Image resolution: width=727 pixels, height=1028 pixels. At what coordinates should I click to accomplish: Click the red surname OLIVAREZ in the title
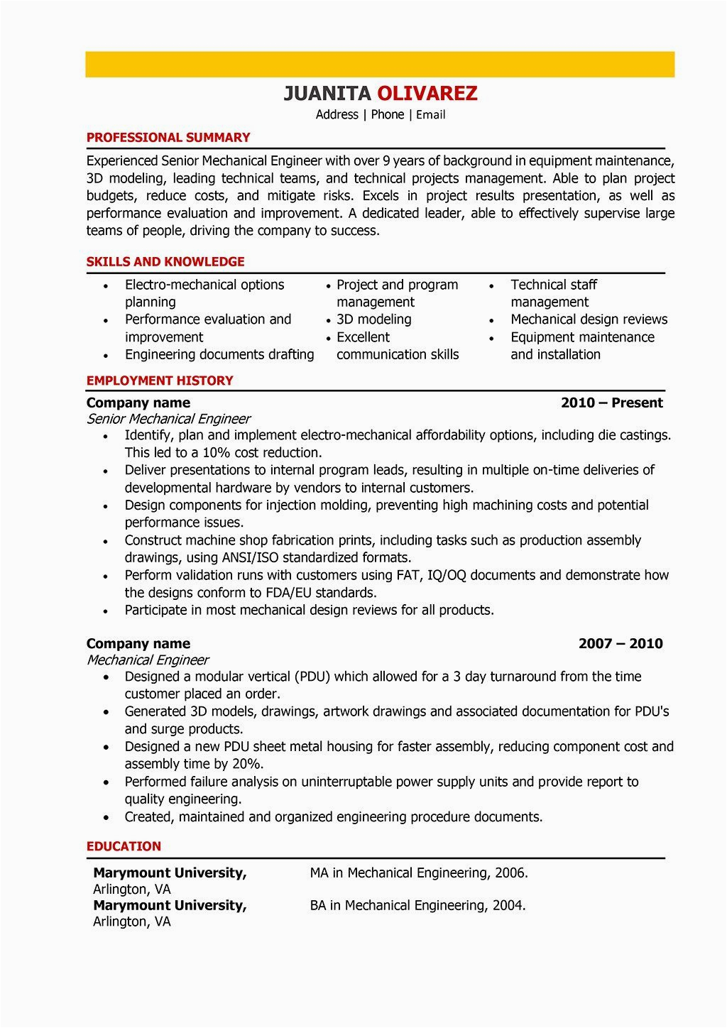click(x=427, y=93)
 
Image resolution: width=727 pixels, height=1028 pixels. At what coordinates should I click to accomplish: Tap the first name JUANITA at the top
click(x=327, y=93)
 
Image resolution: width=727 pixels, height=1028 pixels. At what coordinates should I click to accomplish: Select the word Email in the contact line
click(x=431, y=115)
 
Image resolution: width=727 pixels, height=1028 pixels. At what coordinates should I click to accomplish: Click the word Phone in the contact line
click(x=388, y=115)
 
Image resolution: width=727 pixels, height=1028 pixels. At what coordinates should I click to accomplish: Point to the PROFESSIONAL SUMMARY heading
click(x=168, y=138)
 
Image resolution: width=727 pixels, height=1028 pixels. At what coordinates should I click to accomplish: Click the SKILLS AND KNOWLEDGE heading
click(x=165, y=262)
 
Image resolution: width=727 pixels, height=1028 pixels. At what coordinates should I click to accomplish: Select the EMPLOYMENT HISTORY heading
click(x=160, y=381)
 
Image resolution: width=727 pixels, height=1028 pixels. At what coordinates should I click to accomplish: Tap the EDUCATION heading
click(x=124, y=846)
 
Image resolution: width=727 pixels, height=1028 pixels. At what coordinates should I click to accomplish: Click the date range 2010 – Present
click(x=611, y=403)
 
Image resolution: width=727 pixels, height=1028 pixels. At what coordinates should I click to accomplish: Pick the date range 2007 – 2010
click(x=621, y=644)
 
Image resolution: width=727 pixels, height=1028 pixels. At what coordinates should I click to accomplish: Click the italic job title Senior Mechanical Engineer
click(x=168, y=419)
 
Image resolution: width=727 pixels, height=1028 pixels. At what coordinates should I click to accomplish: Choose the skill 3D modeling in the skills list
click(x=374, y=319)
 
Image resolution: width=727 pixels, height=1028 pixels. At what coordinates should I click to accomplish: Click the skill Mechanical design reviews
click(x=589, y=319)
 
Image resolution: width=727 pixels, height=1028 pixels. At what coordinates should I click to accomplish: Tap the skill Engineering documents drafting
click(x=219, y=354)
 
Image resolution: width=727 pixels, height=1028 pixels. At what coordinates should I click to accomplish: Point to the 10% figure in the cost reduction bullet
click(x=217, y=453)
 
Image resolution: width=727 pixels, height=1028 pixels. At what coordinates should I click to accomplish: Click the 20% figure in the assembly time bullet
click(x=248, y=764)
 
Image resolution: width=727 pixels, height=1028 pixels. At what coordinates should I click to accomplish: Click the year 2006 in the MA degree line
click(x=511, y=873)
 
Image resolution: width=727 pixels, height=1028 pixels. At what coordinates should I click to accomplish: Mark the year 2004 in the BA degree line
click(x=508, y=906)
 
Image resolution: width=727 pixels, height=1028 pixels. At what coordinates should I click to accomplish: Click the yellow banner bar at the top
click(x=380, y=64)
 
